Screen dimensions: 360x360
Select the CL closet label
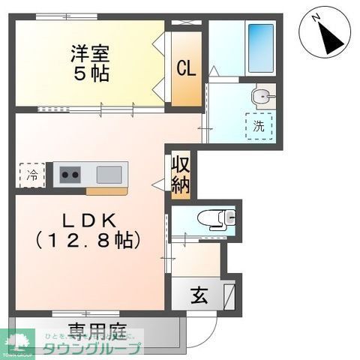[186, 68]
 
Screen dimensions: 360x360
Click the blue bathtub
[260, 48]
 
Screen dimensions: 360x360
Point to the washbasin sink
[261, 96]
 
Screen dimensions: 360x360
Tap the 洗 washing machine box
[258, 126]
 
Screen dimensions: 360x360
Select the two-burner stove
[71, 176]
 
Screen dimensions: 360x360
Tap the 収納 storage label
[180, 175]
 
